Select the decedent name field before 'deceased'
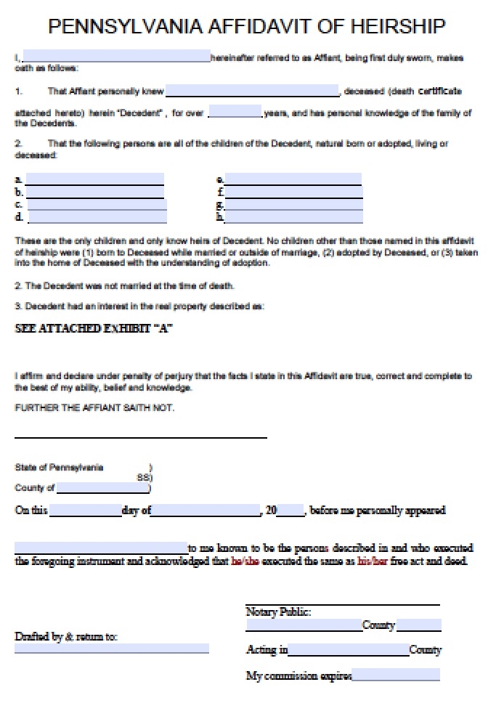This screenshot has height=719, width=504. (253, 91)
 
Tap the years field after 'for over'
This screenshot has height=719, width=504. (235, 112)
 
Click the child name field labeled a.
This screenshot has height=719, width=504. (94, 179)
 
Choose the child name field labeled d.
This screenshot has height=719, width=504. (97, 216)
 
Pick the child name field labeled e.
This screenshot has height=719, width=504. (293, 179)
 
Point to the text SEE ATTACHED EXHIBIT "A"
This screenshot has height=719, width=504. (94, 328)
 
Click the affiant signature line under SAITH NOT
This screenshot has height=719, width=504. (141, 436)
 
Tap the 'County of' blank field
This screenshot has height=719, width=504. (102, 488)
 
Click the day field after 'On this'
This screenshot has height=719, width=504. (85, 510)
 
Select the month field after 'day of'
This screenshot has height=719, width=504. (206, 510)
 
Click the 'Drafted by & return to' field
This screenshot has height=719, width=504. (112, 648)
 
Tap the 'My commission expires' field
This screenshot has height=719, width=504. (396, 675)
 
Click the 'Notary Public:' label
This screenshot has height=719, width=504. (278, 612)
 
